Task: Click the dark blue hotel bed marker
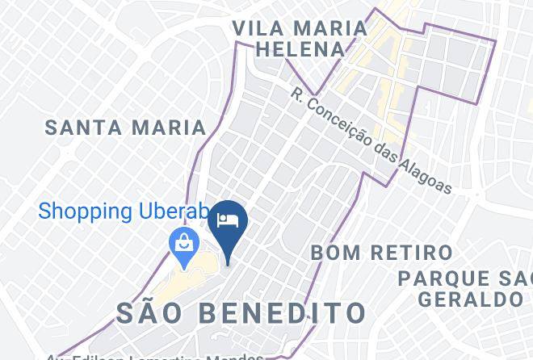click(x=228, y=220)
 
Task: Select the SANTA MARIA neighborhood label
click(x=125, y=128)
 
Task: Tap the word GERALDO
click(x=470, y=299)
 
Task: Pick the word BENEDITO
click(x=287, y=313)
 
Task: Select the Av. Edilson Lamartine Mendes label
click(x=153, y=356)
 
